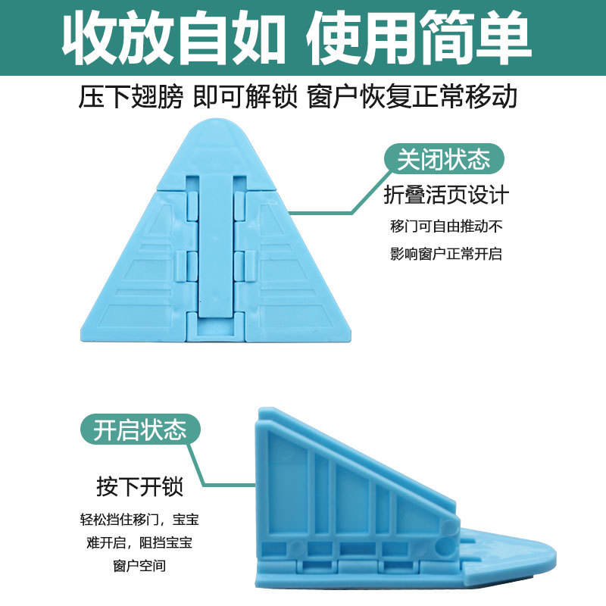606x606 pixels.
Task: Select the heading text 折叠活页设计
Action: point(446,195)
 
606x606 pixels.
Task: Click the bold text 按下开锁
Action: point(139,486)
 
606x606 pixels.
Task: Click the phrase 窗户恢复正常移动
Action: point(412,98)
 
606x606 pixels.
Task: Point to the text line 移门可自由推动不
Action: point(446,226)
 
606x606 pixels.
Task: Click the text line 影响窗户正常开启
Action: point(446,255)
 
